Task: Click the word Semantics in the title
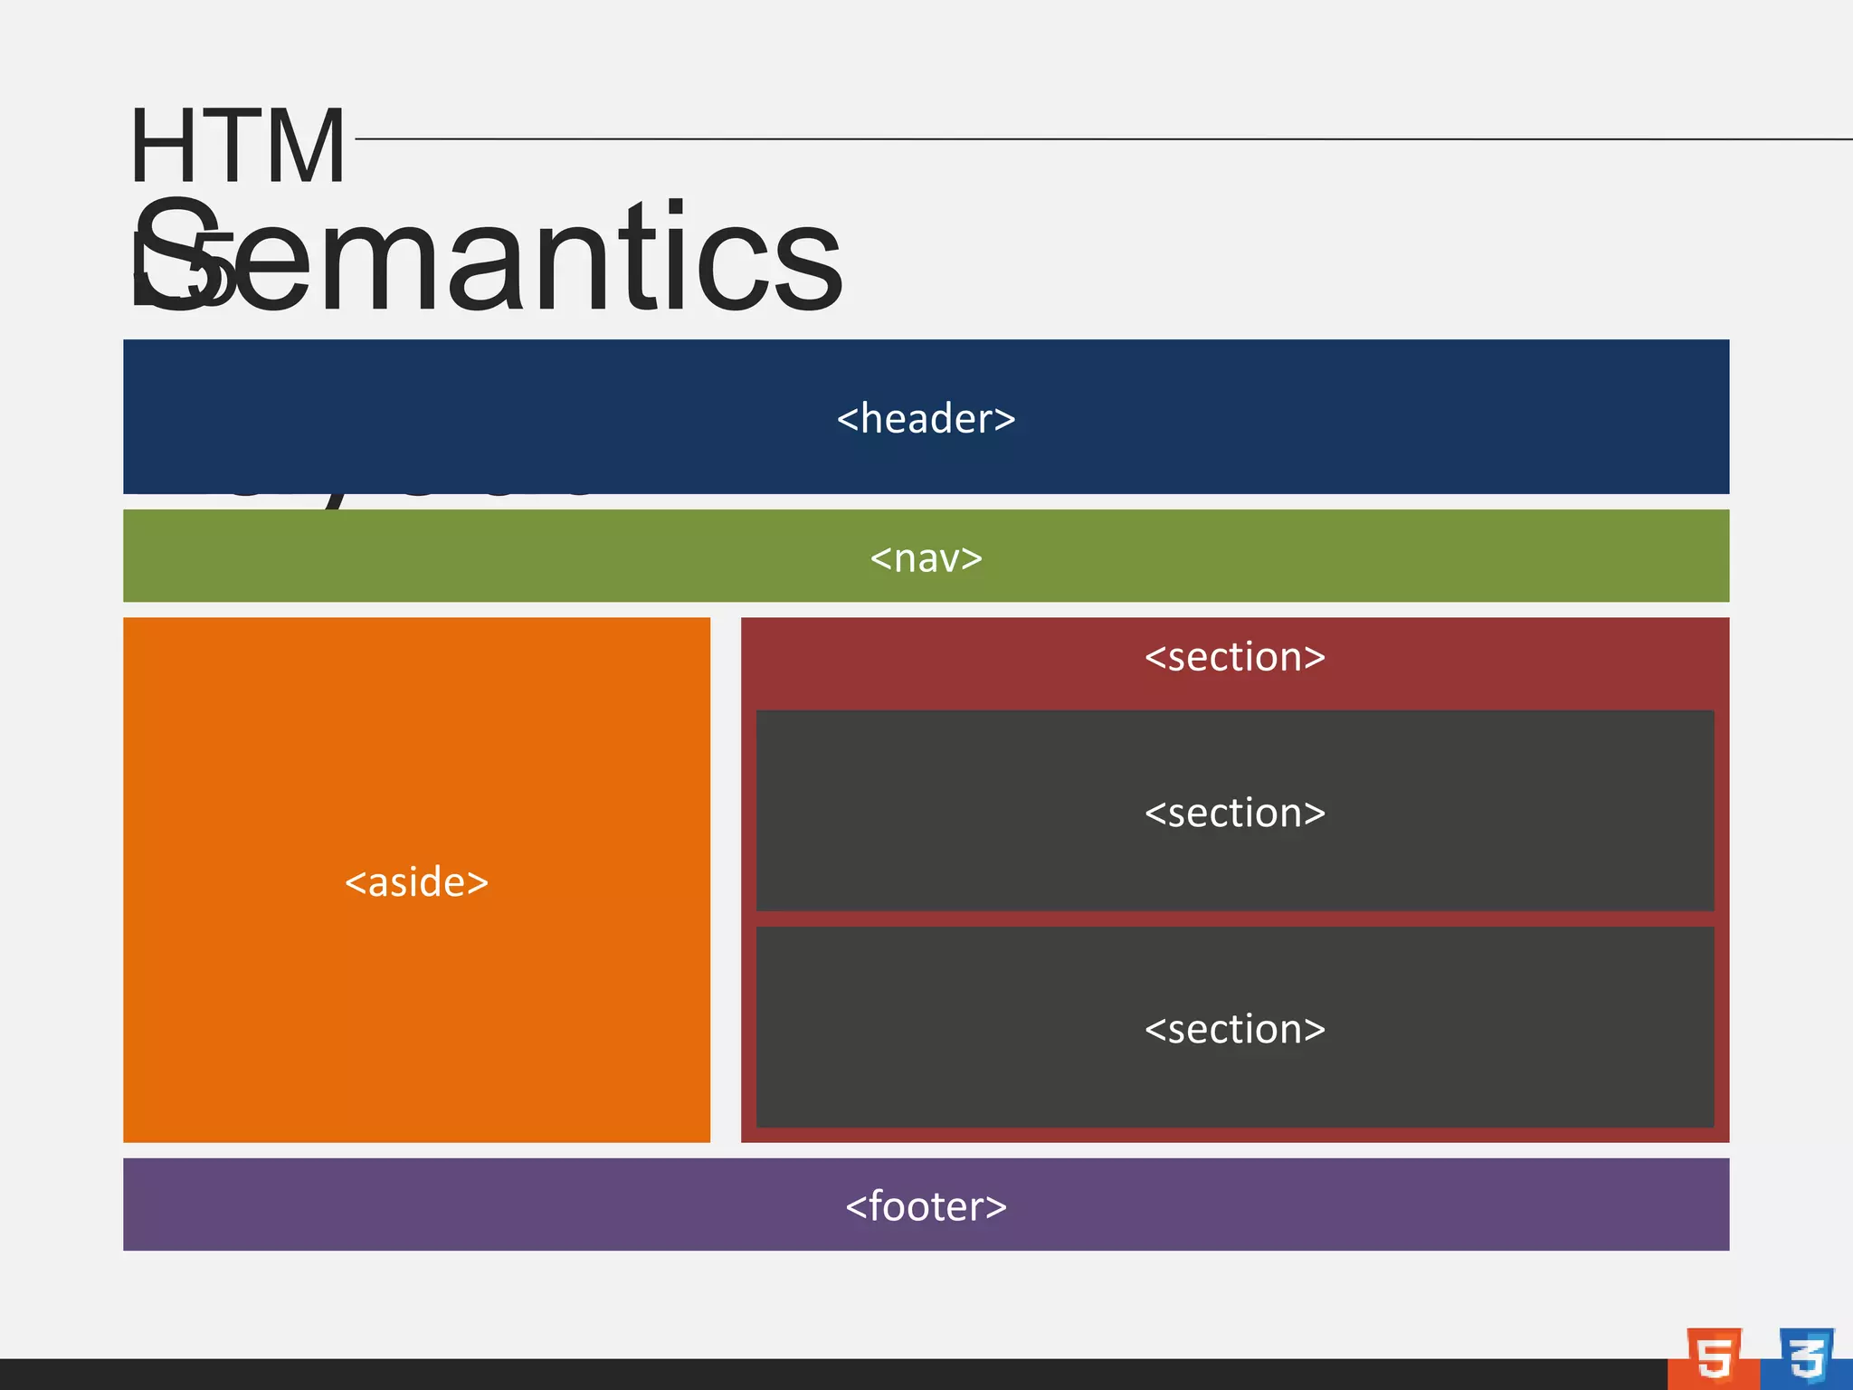pyautogui.click(x=489, y=258)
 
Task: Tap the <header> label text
pyautogui.click(x=926, y=419)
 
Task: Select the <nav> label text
pyautogui.click(x=926, y=558)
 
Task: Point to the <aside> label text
pyautogui.click(x=416, y=882)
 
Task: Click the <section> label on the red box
pyautogui.click(x=1234, y=657)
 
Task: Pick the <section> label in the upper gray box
pyautogui.click(x=1234, y=813)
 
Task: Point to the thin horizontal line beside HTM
pyautogui.click(x=1086, y=139)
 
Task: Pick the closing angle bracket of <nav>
pyautogui.click(x=973, y=559)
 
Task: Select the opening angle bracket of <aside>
pyautogui.click(x=355, y=883)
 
